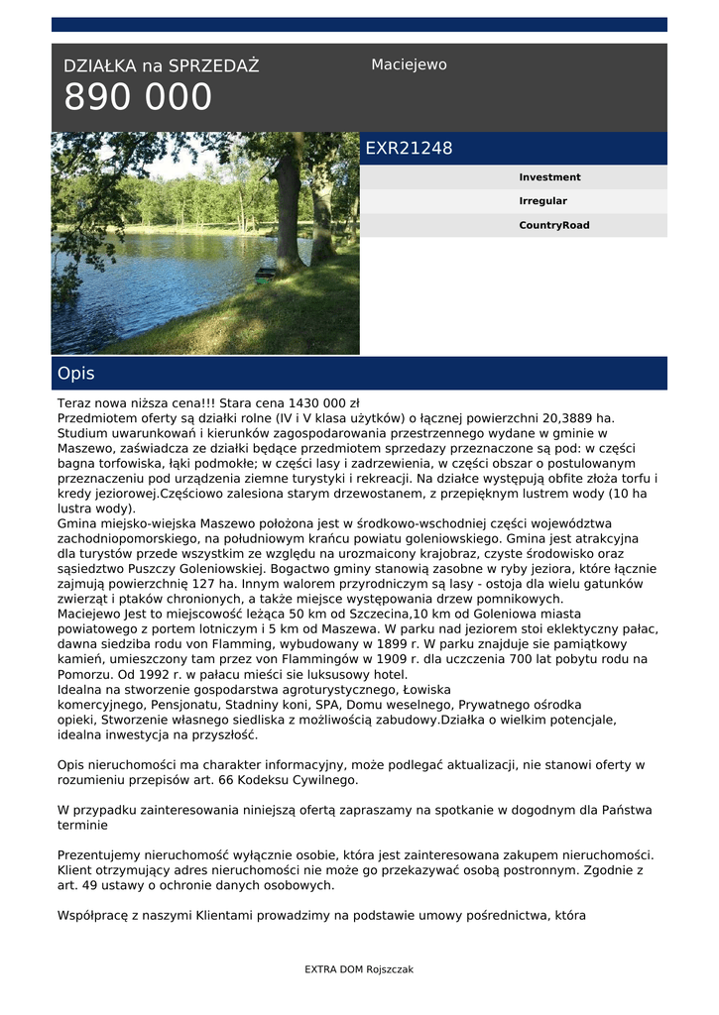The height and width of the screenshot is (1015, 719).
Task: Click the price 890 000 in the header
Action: (138, 98)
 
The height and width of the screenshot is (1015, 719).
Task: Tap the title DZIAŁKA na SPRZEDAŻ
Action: (161, 66)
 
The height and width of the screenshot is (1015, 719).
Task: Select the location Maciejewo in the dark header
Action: (409, 64)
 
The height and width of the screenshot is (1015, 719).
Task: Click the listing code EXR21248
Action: (409, 149)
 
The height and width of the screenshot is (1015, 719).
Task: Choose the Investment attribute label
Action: (549, 177)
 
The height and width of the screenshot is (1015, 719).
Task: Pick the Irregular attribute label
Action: (542, 201)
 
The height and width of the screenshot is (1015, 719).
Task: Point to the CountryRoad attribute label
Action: (553, 225)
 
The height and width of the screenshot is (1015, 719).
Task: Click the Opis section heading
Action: (76, 374)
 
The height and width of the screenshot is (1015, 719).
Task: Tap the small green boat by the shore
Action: (264, 275)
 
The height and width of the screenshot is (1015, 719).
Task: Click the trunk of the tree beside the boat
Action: (289, 218)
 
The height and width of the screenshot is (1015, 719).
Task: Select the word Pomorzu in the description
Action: (84, 674)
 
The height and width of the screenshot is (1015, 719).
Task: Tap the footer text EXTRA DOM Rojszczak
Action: (359, 969)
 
